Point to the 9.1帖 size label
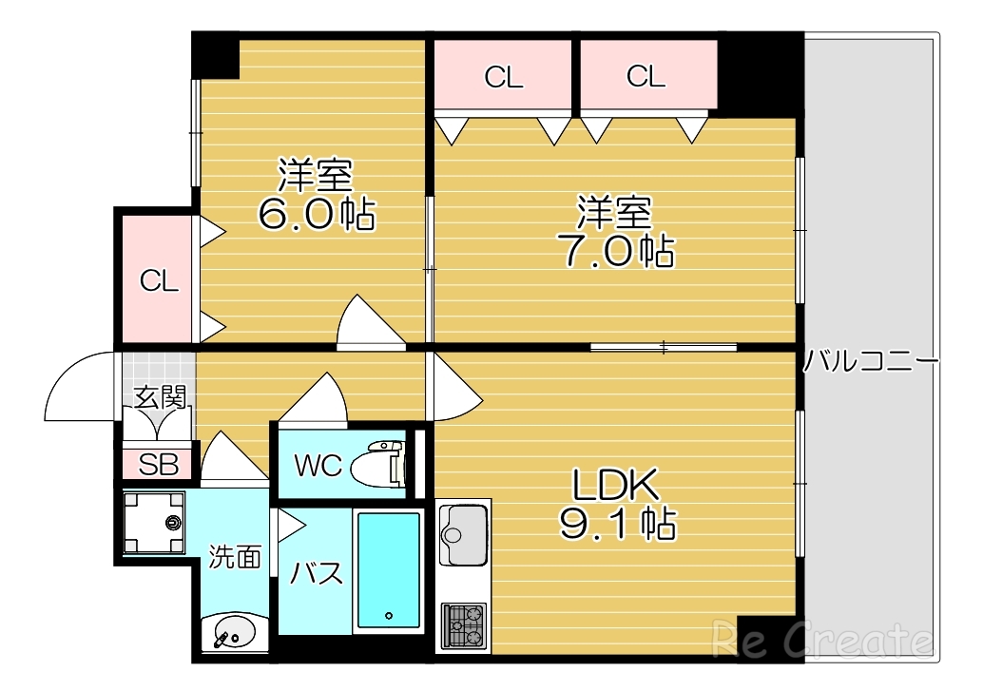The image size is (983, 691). [x=616, y=522]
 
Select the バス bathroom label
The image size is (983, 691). [x=316, y=574]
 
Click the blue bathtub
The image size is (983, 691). [x=388, y=571]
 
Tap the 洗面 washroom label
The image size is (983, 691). [x=235, y=557]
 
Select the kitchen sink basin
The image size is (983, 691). [x=464, y=524]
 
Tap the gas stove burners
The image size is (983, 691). [x=464, y=624]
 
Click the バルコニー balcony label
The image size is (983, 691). [x=871, y=362]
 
